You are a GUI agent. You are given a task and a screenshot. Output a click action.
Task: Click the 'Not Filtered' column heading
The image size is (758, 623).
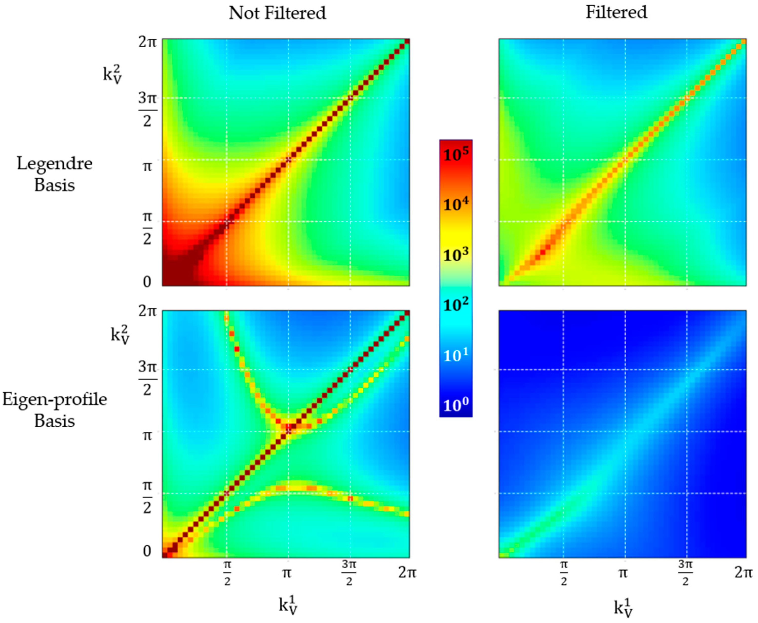coord(277,13)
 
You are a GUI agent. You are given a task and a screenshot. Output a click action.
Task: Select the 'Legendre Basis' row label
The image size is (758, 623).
coord(55,174)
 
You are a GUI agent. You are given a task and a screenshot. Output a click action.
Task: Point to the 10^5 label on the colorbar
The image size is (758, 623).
coord(455,155)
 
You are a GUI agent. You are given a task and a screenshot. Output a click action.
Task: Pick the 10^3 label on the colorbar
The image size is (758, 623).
coord(455,255)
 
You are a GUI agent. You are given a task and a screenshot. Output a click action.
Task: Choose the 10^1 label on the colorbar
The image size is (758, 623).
coord(455,355)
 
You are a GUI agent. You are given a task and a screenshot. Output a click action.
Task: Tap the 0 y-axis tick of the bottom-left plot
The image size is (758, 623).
coord(147,551)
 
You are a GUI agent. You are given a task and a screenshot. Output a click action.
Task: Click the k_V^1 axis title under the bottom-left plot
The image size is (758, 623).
coord(288,605)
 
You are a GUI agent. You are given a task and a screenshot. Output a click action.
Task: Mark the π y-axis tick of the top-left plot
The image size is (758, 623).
coord(147,167)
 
